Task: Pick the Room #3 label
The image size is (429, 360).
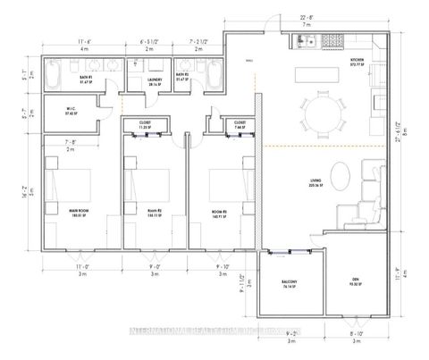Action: coord(217,211)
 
